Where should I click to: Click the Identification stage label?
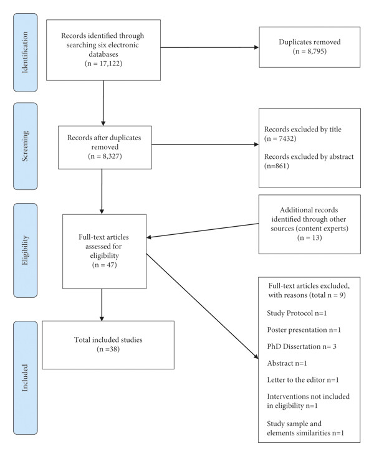pyautogui.click(x=26, y=52)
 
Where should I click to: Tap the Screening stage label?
pyautogui.click(x=26, y=146)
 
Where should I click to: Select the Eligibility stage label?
pyautogui.click(x=26, y=250)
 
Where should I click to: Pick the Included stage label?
pyautogui.click(x=26, y=378)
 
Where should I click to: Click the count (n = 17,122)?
pyautogui.click(x=103, y=64)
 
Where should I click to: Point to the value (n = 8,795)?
pyautogui.click(x=310, y=51)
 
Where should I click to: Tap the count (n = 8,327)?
pyautogui.click(x=105, y=156)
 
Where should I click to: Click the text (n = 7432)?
pyautogui.click(x=280, y=138)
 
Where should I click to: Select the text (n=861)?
pyautogui.click(x=277, y=166)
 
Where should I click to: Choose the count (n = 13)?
pyautogui.click(x=310, y=237)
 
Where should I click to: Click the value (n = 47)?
pyautogui.click(x=104, y=265)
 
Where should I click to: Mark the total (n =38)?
pyautogui.click(x=108, y=349)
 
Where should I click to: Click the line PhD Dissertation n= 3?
pyautogui.click(x=302, y=346)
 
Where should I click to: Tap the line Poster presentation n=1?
pyautogui.click(x=304, y=330)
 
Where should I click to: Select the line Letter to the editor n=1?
pyautogui.click(x=303, y=380)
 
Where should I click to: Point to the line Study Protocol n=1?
pyautogui.click(x=297, y=313)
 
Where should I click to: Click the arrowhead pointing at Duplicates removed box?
pyautogui.click(x=256, y=47)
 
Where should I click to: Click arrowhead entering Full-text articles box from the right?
pyautogui.click(x=148, y=237)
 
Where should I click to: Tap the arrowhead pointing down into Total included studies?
pyautogui.click(x=102, y=319)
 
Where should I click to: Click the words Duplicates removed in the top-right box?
pyautogui.click(x=310, y=42)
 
